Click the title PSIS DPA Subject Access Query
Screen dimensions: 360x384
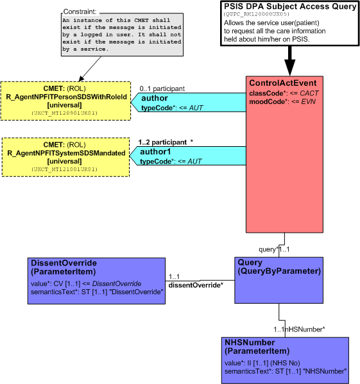290,6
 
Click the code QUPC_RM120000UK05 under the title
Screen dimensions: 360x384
257,14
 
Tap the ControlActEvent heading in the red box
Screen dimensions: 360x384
283,83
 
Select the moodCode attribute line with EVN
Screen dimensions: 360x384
282,102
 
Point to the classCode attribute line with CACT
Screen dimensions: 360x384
284,94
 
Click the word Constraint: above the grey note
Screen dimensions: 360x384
80,12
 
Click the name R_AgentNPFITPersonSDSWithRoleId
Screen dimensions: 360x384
66,97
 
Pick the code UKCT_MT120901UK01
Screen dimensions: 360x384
64,113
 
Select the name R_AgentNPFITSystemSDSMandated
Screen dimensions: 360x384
66,153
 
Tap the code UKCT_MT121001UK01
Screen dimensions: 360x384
64,169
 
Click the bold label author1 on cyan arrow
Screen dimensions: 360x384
155,152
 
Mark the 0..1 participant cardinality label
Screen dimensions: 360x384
162,88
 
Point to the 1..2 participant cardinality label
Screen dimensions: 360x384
166,142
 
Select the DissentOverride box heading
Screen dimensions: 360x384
64,267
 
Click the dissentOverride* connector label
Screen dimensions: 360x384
196,285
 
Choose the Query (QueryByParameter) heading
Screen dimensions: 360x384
279,267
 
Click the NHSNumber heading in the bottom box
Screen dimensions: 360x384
257,347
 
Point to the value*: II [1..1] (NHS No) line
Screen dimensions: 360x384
262,363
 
